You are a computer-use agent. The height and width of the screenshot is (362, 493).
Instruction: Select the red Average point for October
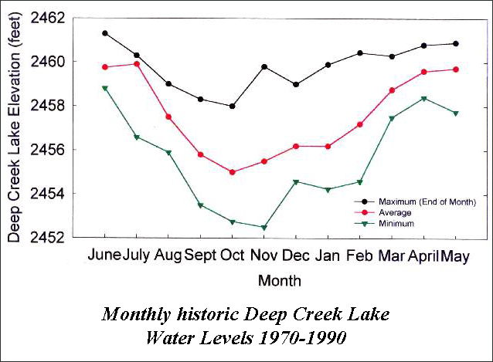[233, 172]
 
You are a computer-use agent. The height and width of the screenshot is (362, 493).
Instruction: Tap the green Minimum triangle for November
[264, 228]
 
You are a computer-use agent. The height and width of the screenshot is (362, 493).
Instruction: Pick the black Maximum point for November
[264, 67]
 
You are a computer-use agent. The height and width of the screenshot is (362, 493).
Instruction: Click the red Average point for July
[137, 64]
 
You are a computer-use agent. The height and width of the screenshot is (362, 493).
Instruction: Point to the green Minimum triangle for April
[423, 99]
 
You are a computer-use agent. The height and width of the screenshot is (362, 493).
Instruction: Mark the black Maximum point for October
[233, 106]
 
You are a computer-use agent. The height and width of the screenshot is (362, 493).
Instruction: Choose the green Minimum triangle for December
[297, 182]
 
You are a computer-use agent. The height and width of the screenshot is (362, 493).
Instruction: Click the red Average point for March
[392, 90]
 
